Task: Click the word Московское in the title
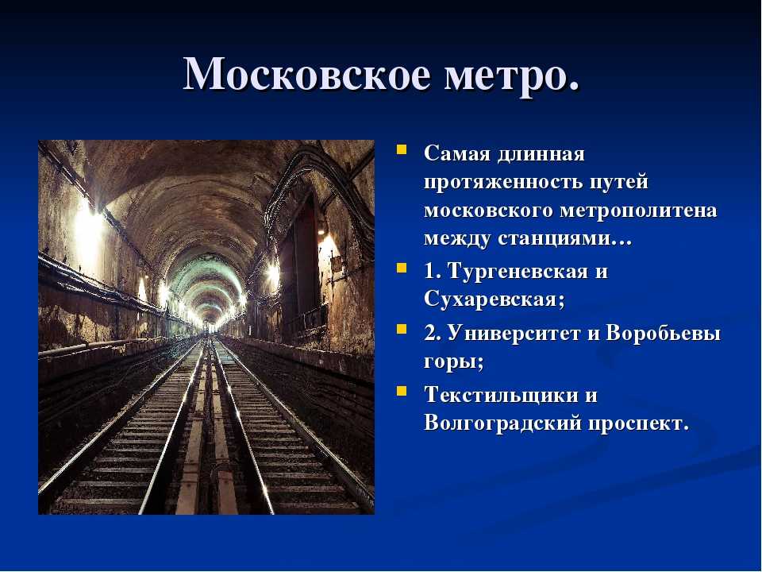(307, 75)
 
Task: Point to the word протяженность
(502, 183)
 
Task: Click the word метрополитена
(638, 211)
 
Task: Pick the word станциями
(564, 239)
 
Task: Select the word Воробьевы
(663, 334)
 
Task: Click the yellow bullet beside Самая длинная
(402, 149)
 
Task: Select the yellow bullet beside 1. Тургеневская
(402, 268)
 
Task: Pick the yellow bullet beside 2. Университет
(402, 329)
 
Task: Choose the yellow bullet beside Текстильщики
(402, 391)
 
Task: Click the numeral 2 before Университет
(429, 334)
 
